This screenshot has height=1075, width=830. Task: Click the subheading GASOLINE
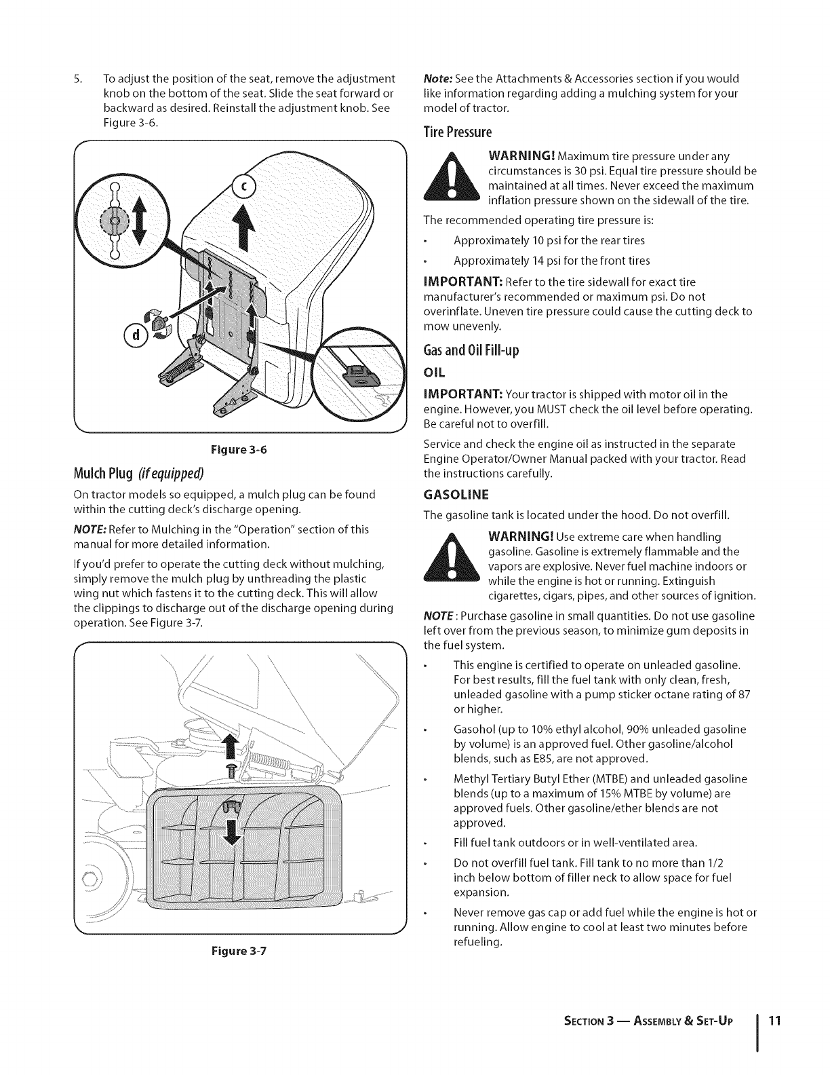(456, 493)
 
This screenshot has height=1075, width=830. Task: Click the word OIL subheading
(433, 374)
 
